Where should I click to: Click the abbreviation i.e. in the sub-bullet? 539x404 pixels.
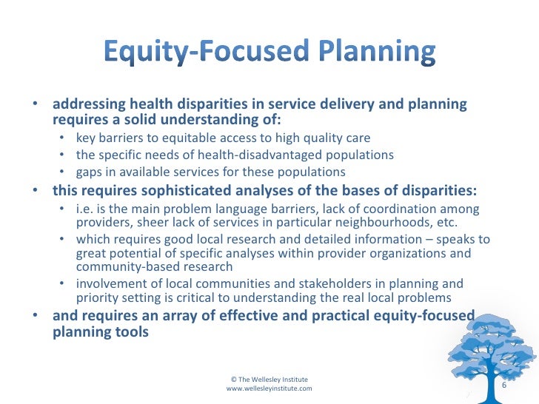(x=84, y=209)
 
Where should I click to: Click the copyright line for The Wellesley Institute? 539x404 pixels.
(x=269, y=378)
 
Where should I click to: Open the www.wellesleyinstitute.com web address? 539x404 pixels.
(x=269, y=388)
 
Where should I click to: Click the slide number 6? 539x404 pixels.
(x=504, y=386)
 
